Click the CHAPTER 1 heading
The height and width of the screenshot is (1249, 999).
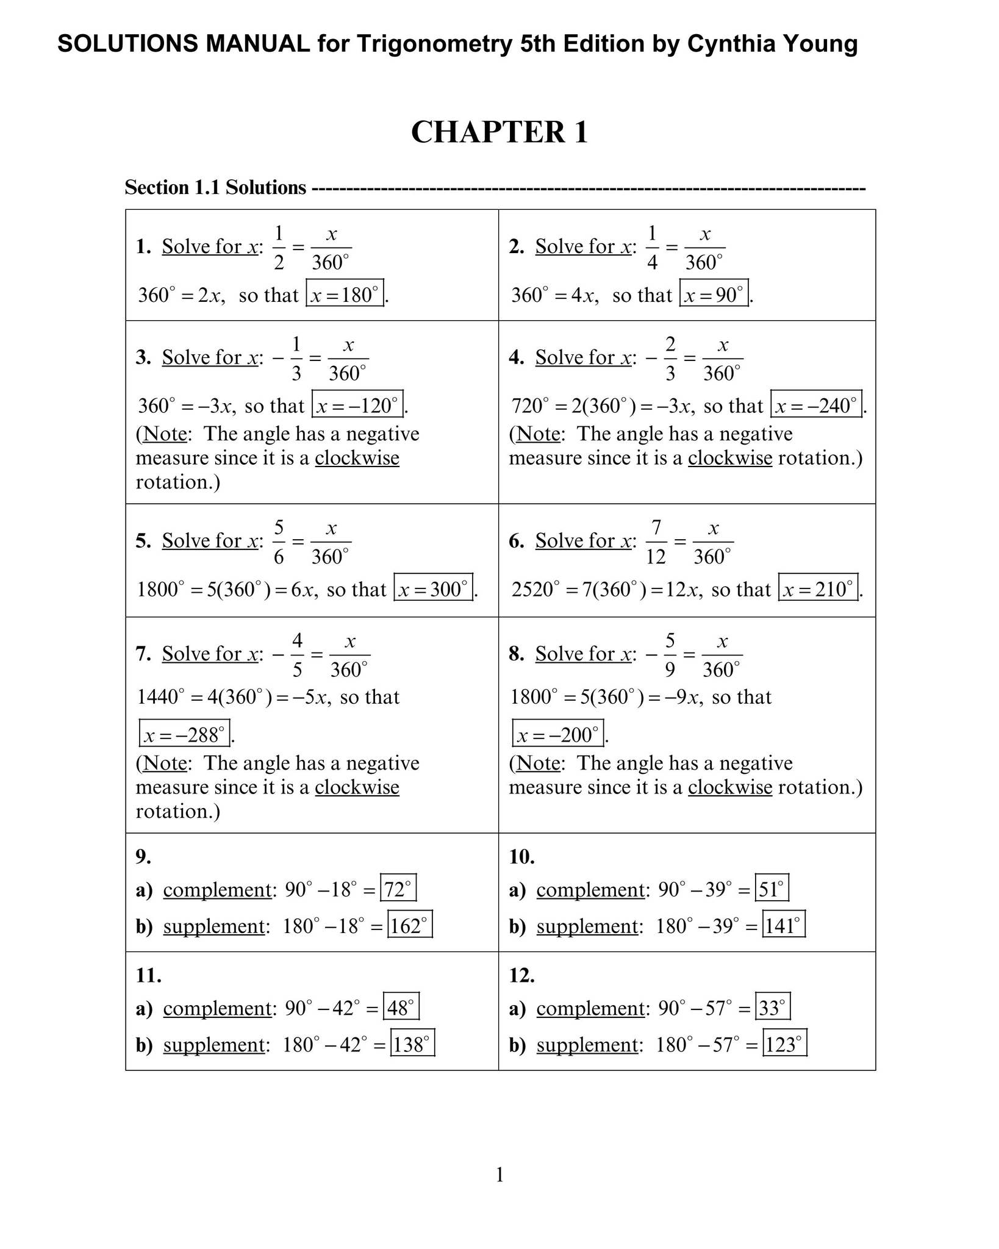tap(499, 132)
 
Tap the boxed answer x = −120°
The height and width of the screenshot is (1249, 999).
tap(357, 404)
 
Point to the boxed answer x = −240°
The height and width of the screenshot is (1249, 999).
tap(816, 404)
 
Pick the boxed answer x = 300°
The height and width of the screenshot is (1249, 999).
tap(433, 588)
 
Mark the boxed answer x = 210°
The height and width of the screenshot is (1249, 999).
tap(818, 588)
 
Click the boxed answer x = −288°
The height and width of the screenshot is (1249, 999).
tap(184, 734)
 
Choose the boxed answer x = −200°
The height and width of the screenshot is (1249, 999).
tap(558, 734)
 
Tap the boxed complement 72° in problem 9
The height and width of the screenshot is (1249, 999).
tap(398, 889)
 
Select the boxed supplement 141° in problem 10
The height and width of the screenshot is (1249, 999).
tap(783, 925)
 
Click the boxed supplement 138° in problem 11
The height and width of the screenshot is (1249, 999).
tap(412, 1043)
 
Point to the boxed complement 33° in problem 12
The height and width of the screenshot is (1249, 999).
tap(772, 1007)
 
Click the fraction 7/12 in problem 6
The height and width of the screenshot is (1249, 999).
tap(656, 542)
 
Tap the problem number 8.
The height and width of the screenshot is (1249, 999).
tap(517, 654)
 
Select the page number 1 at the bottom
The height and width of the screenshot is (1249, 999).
tap(500, 1175)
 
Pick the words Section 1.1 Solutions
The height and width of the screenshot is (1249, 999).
tap(215, 187)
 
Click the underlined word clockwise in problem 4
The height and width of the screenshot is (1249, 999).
tap(729, 458)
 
